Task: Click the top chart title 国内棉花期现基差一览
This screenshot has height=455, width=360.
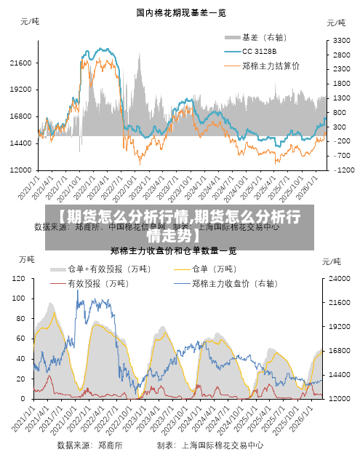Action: coord(180,12)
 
